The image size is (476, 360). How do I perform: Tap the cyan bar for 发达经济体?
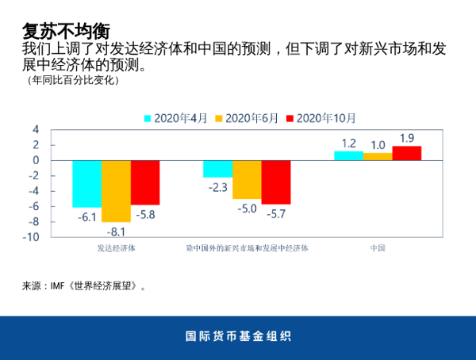coord(87,183)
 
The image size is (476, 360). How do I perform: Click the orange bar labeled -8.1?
coord(116,191)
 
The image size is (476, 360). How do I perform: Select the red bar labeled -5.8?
coord(145,182)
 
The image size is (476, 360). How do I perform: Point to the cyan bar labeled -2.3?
coord(217,169)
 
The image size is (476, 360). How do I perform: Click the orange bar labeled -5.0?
coord(247,179)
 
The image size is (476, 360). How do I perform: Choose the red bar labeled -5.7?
coord(275,182)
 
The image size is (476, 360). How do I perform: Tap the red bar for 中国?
coord(406,153)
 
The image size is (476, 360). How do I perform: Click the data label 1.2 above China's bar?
coord(348,144)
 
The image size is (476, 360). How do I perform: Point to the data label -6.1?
coord(87,216)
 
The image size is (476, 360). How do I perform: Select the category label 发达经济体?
coord(116,247)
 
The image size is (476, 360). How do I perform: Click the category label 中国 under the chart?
coord(378,247)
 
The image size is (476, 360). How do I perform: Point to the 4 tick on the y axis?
coord(35,129)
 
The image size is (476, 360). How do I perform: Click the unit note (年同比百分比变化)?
coord(72,80)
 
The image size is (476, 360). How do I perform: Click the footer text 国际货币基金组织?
coord(238,336)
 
